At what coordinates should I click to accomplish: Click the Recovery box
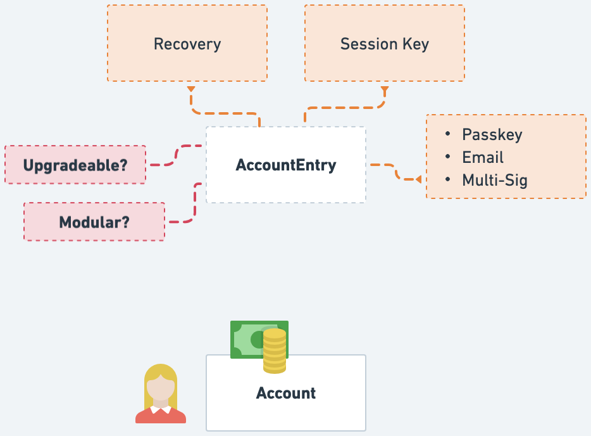click(x=187, y=44)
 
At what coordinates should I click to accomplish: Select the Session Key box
click(x=384, y=44)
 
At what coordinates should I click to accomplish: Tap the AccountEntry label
click(x=286, y=165)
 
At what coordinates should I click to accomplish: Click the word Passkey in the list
click(x=492, y=135)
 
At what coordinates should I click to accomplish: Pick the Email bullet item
click(x=483, y=158)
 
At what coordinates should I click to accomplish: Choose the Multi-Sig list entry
click(x=495, y=181)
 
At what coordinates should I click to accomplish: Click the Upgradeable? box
click(x=75, y=165)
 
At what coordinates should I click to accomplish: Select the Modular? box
click(x=94, y=222)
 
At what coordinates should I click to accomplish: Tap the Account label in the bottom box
click(x=286, y=393)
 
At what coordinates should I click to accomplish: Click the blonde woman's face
click(x=161, y=387)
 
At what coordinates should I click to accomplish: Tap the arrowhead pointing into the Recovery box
click(x=191, y=89)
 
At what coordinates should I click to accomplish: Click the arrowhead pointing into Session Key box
click(x=384, y=89)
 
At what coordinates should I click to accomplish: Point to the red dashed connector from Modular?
click(x=194, y=203)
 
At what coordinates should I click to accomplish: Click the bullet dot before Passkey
click(x=448, y=135)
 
